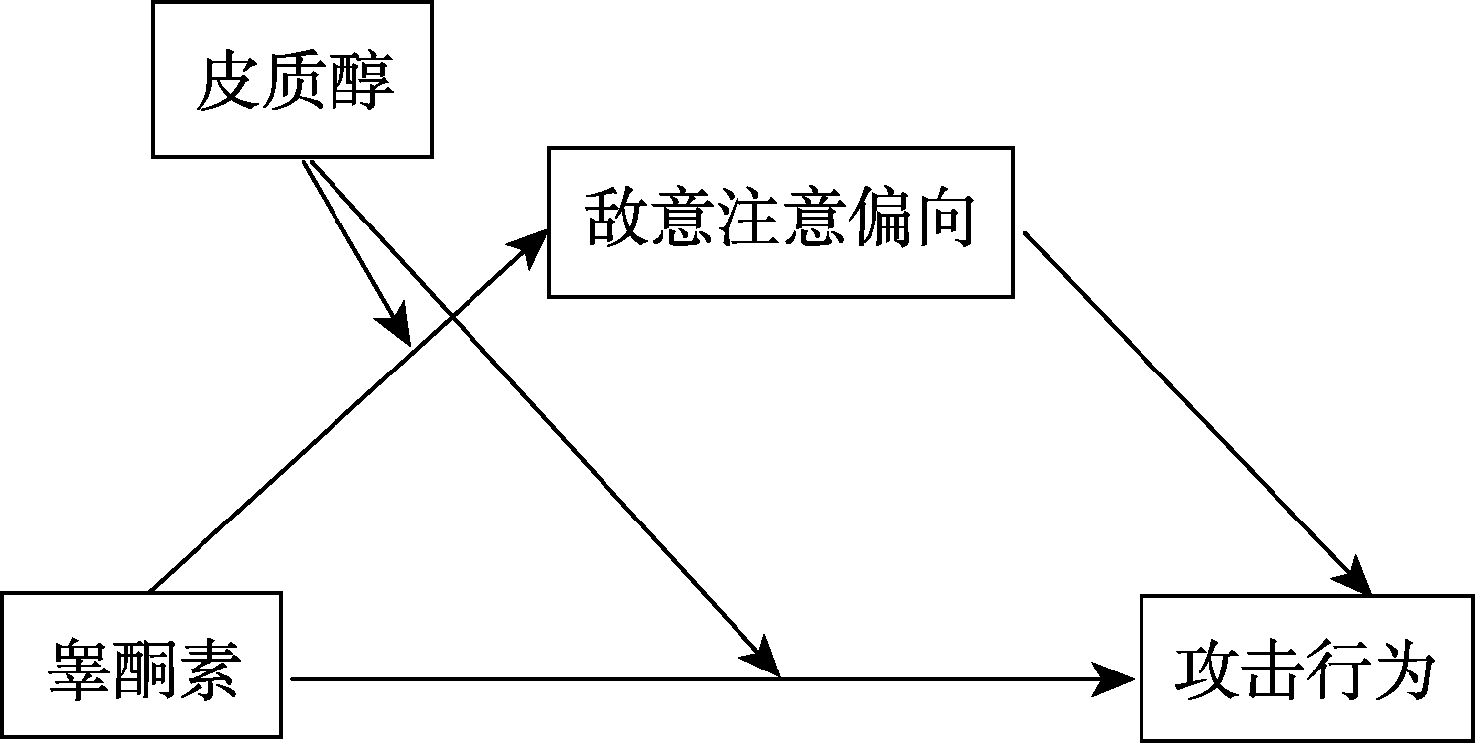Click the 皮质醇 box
pos(292,80)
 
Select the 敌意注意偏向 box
pos(780,222)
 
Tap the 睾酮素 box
pos(141,666)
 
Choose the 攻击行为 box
pos(1306,668)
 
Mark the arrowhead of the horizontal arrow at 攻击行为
pos(1117,679)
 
